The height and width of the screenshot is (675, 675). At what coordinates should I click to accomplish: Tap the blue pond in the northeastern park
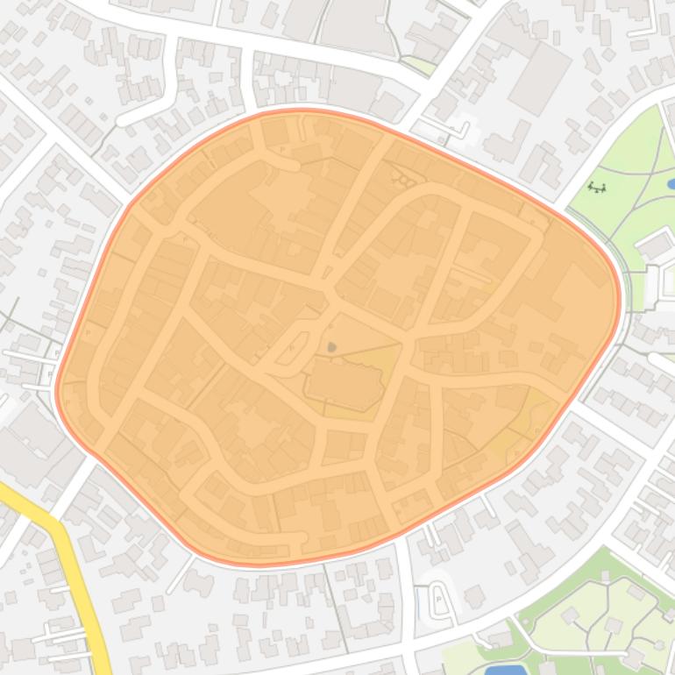point(671,184)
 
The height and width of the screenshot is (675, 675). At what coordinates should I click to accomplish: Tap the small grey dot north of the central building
point(331,347)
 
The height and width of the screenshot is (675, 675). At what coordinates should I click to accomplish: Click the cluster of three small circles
point(404,181)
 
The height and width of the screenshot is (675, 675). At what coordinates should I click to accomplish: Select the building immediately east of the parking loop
point(474,597)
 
